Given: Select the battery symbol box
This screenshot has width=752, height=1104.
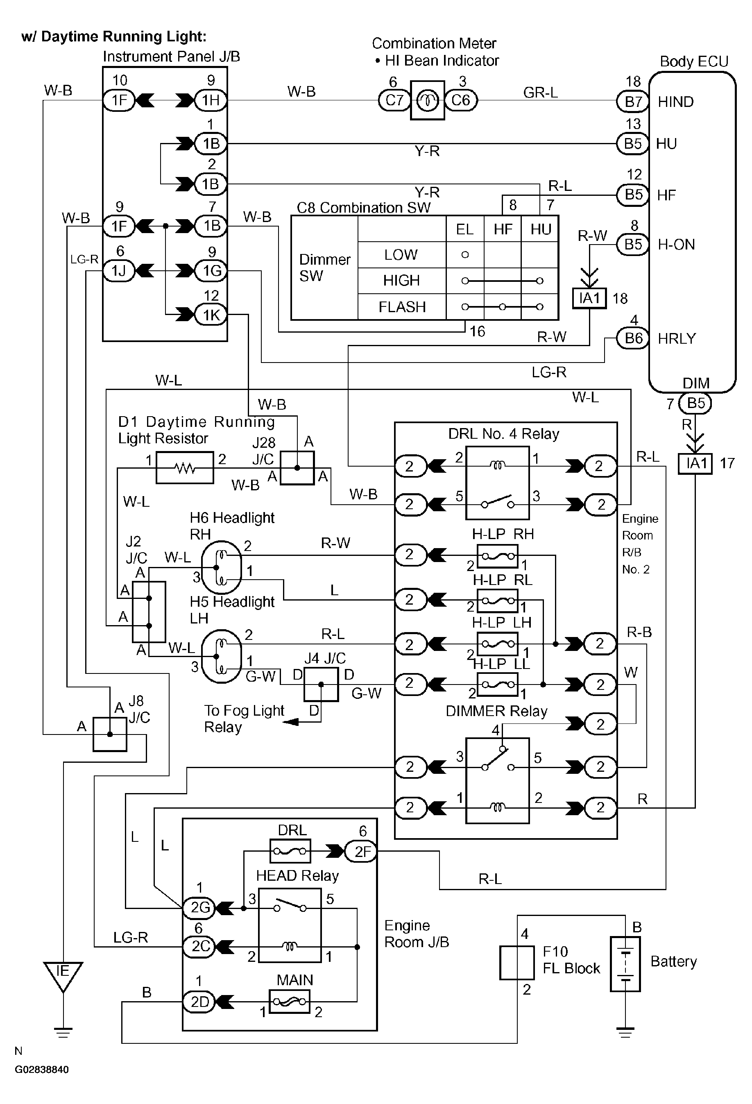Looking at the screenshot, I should click(x=625, y=964).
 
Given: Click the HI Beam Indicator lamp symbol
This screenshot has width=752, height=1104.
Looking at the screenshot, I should click(x=427, y=100).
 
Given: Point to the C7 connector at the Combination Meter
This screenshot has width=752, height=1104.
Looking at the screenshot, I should click(x=394, y=100).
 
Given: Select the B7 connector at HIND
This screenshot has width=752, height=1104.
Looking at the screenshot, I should click(x=632, y=101).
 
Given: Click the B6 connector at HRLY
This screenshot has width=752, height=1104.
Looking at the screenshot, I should click(x=633, y=338).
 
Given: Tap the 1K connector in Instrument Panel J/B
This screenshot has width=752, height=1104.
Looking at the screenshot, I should click(x=211, y=315).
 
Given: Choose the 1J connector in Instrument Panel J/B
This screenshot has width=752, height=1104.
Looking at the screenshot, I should click(x=119, y=271).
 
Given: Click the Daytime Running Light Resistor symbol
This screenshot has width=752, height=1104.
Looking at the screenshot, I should click(x=185, y=468).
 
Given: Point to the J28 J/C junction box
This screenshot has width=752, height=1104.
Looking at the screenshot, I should click(x=297, y=468).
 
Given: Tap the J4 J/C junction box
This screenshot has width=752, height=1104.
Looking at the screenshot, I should click(x=321, y=684).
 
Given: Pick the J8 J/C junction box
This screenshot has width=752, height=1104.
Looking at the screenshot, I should click(x=110, y=734).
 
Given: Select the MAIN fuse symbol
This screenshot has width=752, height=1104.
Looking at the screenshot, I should click(x=289, y=1002).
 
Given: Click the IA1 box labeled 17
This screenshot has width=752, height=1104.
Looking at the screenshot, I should click(x=695, y=463).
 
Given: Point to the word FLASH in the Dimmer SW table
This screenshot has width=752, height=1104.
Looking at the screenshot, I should click(x=402, y=307).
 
